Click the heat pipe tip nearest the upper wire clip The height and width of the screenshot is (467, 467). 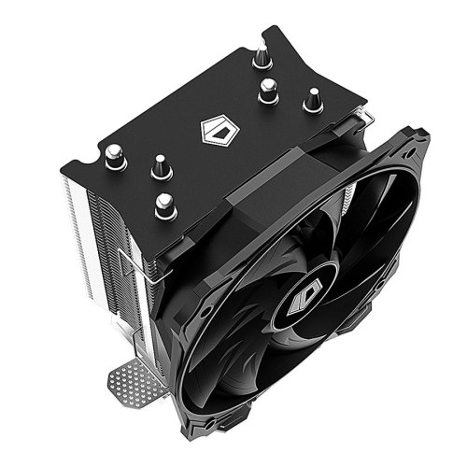314,97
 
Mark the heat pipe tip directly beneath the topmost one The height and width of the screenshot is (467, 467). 268,90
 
